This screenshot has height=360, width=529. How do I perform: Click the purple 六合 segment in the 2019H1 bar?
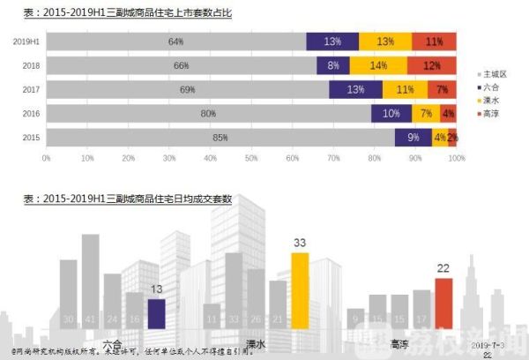tap(332, 41)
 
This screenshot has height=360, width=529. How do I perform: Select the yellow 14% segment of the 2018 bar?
tap(377, 65)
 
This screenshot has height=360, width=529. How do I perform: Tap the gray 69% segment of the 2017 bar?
tap(186, 90)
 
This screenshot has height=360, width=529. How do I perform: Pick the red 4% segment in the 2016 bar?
tap(449, 114)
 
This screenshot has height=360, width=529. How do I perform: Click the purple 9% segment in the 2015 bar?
tap(414, 138)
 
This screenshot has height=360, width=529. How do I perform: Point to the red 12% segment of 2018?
tap(431, 65)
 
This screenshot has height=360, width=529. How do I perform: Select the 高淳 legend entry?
tap(492, 113)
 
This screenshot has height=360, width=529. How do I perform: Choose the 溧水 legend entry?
tap(492, 101)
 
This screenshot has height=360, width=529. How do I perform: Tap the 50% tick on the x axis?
tap(251, 159)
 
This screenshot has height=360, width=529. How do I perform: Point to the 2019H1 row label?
tap(25, 41)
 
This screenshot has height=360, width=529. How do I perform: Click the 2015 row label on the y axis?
tap(28, 138)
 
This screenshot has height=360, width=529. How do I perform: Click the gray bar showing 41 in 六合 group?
tap(90, 282)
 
